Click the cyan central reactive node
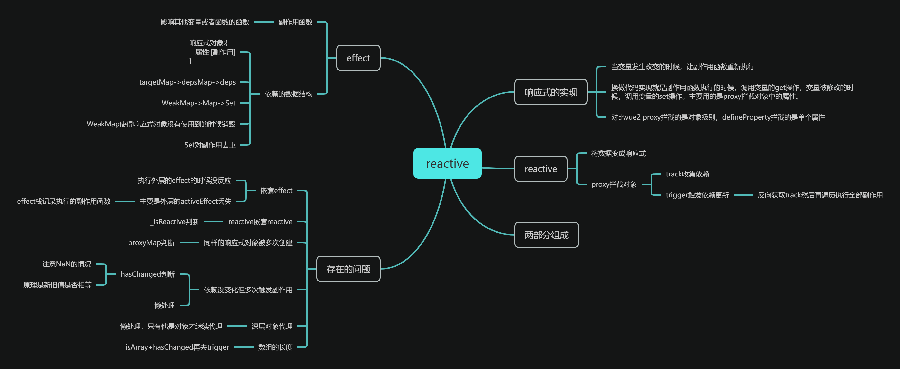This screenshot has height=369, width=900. click(447, 163)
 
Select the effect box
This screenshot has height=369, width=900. click(358, 58)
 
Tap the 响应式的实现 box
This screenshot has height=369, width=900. click(551, 92)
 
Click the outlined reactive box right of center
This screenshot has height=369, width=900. click(541, 169)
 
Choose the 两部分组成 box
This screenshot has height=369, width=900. click(546, 235)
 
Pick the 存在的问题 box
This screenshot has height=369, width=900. click(348, 269)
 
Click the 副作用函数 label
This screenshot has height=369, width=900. click(295, 22)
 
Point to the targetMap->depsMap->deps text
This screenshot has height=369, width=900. click(187, 82)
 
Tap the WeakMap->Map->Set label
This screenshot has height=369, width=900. click(198, 103)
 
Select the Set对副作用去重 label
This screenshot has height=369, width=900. click(210, 145)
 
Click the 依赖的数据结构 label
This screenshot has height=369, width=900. click(288, 94)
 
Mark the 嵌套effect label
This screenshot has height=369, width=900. click(276, 191)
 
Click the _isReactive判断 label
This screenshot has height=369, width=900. click(175, 222)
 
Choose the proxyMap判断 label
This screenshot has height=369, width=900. click(151, 243)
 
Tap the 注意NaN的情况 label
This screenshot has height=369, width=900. click(67, 264)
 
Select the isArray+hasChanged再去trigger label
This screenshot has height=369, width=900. click(177, 347)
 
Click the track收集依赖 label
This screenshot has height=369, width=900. click(687, 174)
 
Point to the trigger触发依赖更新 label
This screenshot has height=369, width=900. click(697, 195)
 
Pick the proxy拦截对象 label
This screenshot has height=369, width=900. click(614, 184)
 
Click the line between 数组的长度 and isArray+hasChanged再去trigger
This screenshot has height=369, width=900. click(244, 347)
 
